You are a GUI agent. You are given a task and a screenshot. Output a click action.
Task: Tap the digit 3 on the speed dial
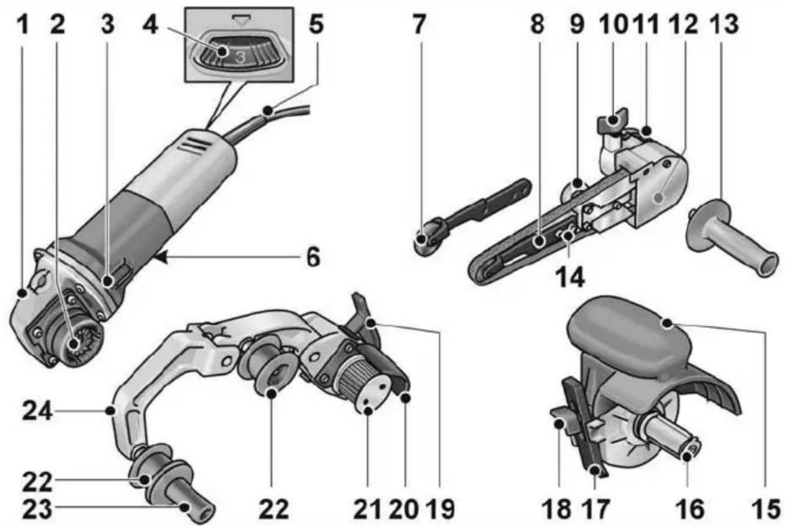pyautogui.click(x=240, y=56)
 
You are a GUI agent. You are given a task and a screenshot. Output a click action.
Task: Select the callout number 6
pyautogui.click(x=313, y=257)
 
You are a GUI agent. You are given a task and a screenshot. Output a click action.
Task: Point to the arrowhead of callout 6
pyautogui.click(x=160, y=258)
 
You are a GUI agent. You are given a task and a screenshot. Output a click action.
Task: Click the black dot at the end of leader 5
pyautogui.click(x=268, y=111)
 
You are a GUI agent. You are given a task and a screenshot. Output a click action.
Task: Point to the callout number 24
pyautogui.click(x=38, y=412)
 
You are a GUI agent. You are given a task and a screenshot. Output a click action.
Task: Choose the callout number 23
pyautogui.click(x=38, y=509)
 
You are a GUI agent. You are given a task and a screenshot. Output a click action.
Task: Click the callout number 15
pyautogui.click(x=766, y=509)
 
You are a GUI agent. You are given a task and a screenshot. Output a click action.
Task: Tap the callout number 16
pyautogui.click(x=690, y=509)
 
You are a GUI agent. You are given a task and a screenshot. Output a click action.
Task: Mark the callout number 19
pyautogui.click(x=440, y=509)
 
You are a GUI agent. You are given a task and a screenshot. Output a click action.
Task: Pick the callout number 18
pyautogui.click(x=556, y=509)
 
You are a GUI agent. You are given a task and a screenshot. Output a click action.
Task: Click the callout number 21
pyautogui.click(x=367, y=509)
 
